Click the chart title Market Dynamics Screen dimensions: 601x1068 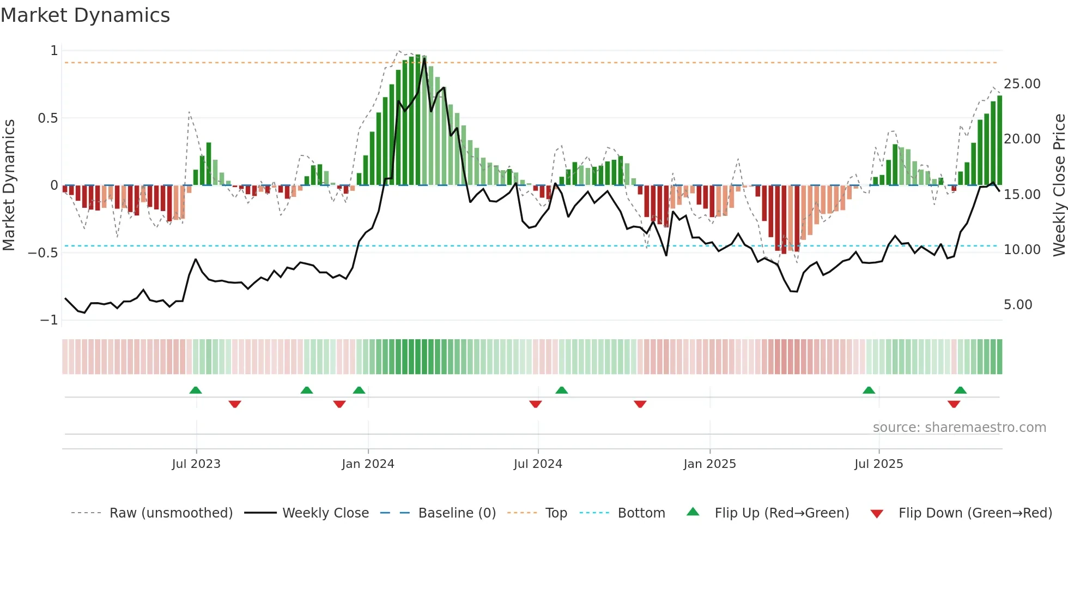click(85, 15)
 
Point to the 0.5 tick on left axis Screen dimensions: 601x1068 click(48, 118)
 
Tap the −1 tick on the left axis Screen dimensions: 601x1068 click(48, 320)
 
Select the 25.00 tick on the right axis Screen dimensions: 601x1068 click(1022, 84)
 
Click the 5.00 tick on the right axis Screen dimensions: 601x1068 click(1018, 305)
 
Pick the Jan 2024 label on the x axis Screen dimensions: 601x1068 click(368, 464)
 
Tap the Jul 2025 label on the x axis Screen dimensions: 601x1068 click(878, 464)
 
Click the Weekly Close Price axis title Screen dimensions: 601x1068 click(1059, 185)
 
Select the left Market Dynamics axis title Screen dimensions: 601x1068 click(9, 185)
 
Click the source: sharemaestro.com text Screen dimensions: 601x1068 click(959, 428)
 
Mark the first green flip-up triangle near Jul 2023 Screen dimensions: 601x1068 click(196, 390)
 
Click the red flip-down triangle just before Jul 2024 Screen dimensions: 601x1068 click(536, 404)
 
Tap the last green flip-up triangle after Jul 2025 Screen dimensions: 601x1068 click(960, 390)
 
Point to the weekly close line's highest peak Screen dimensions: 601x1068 click(424, 58)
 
